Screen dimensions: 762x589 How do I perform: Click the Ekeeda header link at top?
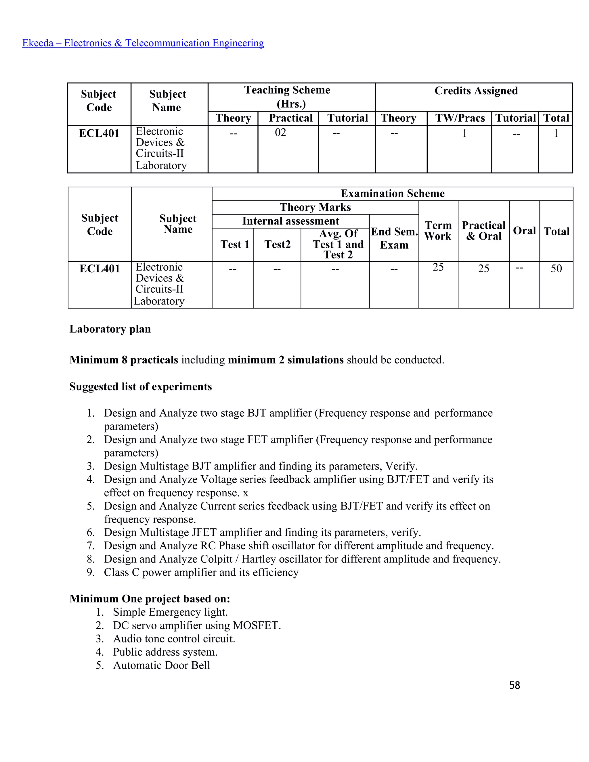point(143,43)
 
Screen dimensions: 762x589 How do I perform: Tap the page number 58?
point(514,685)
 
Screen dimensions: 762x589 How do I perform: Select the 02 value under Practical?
point(280,133)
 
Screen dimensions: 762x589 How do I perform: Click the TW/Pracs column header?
point(460,118)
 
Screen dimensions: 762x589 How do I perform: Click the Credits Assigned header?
point(476,91)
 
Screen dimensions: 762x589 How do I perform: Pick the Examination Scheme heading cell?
point(392,193)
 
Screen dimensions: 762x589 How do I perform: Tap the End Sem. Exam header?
point(394,238)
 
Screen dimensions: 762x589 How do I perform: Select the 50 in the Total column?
point(556,268)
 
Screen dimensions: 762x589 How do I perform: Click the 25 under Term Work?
point(438,267)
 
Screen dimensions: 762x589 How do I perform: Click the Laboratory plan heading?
point(110,329)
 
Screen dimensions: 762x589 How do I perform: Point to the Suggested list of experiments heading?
point(140,386)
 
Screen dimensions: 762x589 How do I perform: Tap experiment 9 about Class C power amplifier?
point(201,572)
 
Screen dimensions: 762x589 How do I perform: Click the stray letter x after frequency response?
point(245,493)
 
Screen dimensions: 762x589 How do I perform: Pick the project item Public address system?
point(165,652)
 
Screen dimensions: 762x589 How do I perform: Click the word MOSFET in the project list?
point(257,625)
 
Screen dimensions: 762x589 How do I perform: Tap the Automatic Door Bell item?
point(161,665)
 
